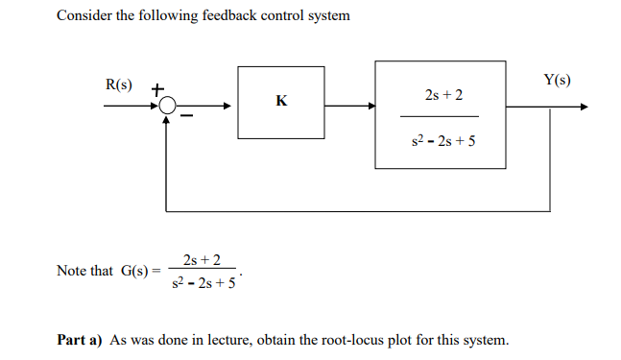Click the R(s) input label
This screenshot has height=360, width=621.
(x=118, y=84)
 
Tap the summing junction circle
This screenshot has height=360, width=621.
(x=168, y=108)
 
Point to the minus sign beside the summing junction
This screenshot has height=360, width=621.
(x=188, y=117)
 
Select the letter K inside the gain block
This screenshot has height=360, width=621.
(x=281, y=101)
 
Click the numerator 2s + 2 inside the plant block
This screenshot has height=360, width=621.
(x=442, y=96)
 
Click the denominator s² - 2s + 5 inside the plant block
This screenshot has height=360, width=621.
(x=442, y=141)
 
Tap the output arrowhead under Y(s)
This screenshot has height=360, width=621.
(x=582, y=108)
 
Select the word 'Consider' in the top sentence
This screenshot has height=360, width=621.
(x=83, y=16)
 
